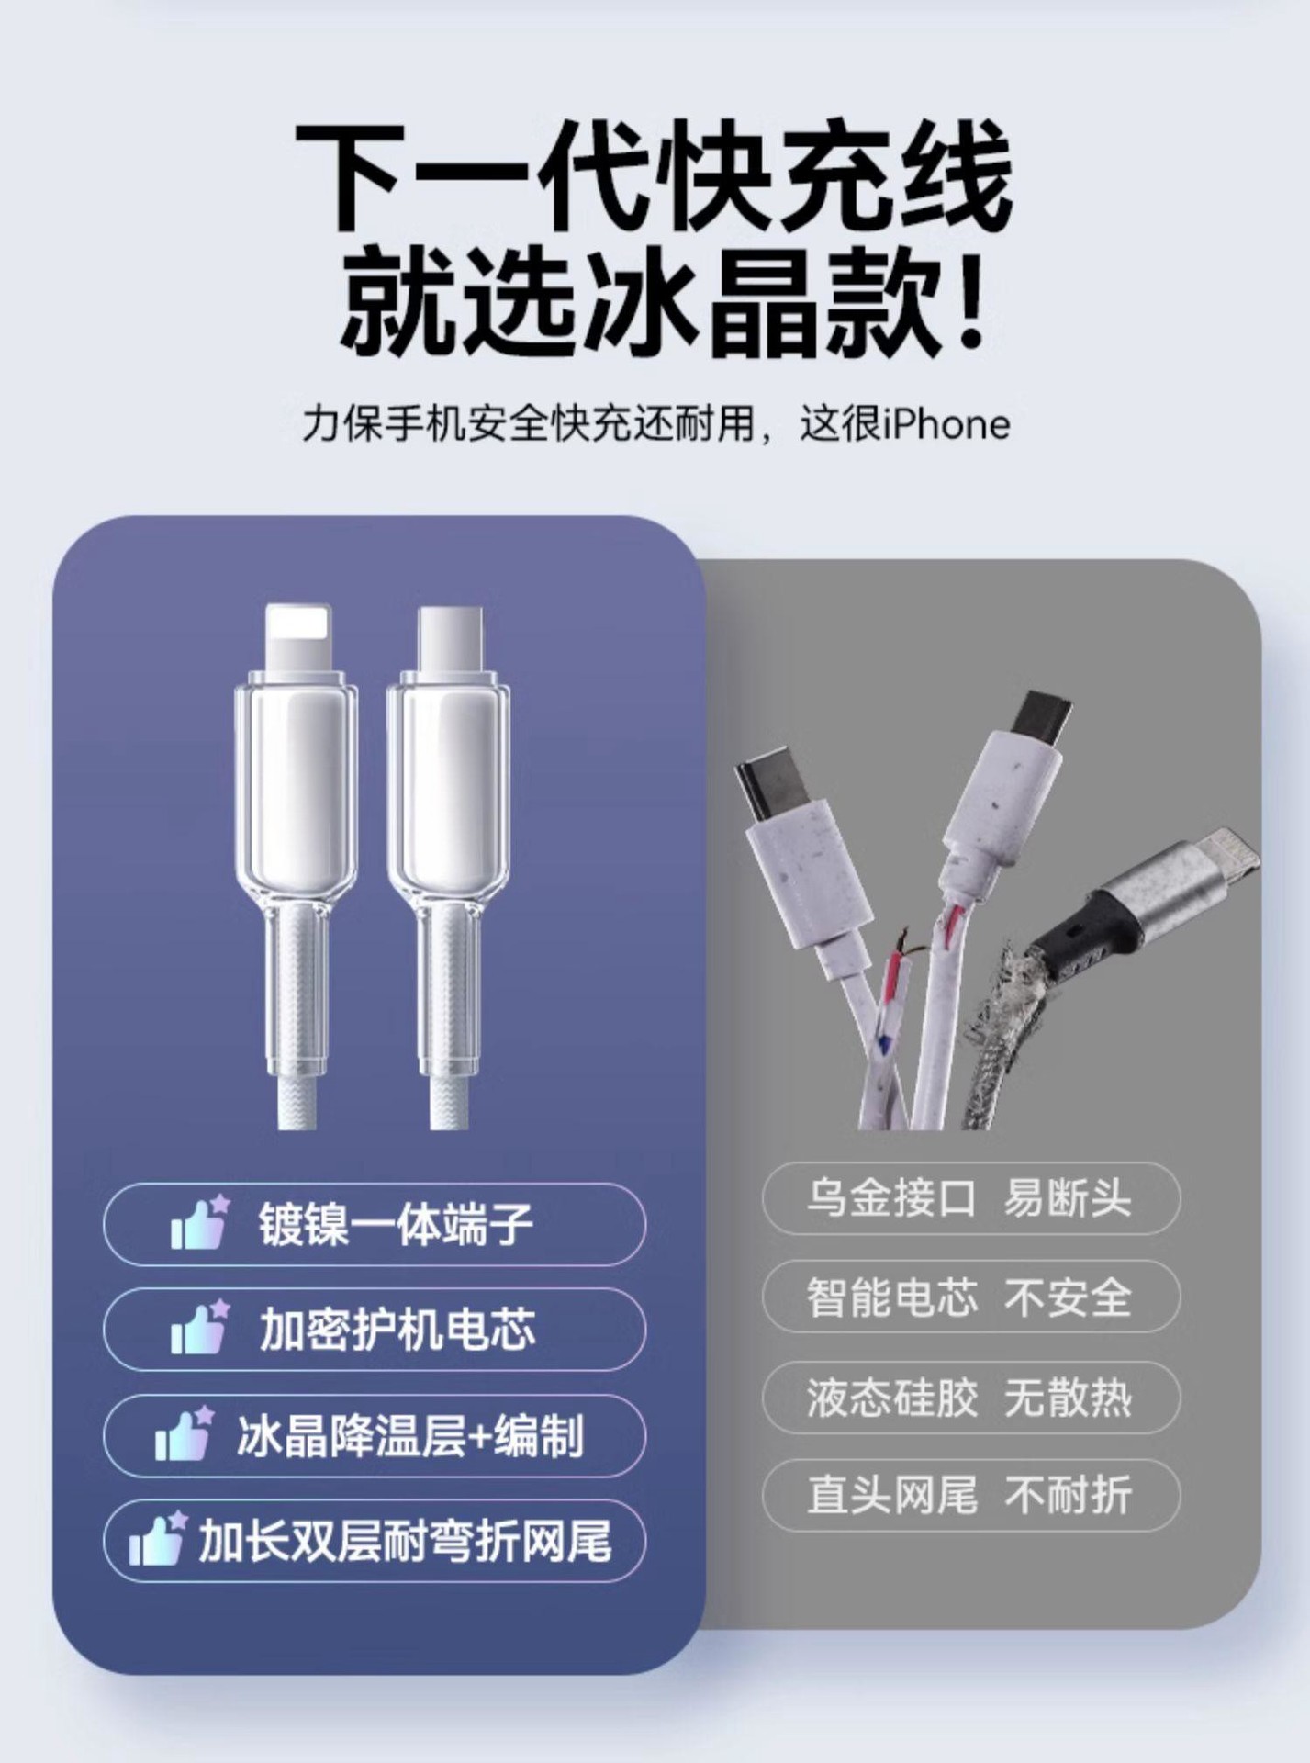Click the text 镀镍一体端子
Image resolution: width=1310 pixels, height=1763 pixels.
pos(396,1224)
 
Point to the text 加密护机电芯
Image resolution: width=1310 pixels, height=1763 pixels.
pos(397,1329)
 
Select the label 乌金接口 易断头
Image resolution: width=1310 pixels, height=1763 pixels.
pos(969,1197)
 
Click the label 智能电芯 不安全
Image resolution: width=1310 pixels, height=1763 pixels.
pos(969,1297)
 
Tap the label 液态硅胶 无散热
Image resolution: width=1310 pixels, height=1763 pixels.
pos(969,1397)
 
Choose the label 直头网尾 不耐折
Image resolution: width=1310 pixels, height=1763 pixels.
pos(969,1496)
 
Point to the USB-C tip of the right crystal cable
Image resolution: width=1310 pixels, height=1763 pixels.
pos(449,639)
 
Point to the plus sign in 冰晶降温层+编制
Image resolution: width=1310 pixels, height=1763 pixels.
pos(480,1435)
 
